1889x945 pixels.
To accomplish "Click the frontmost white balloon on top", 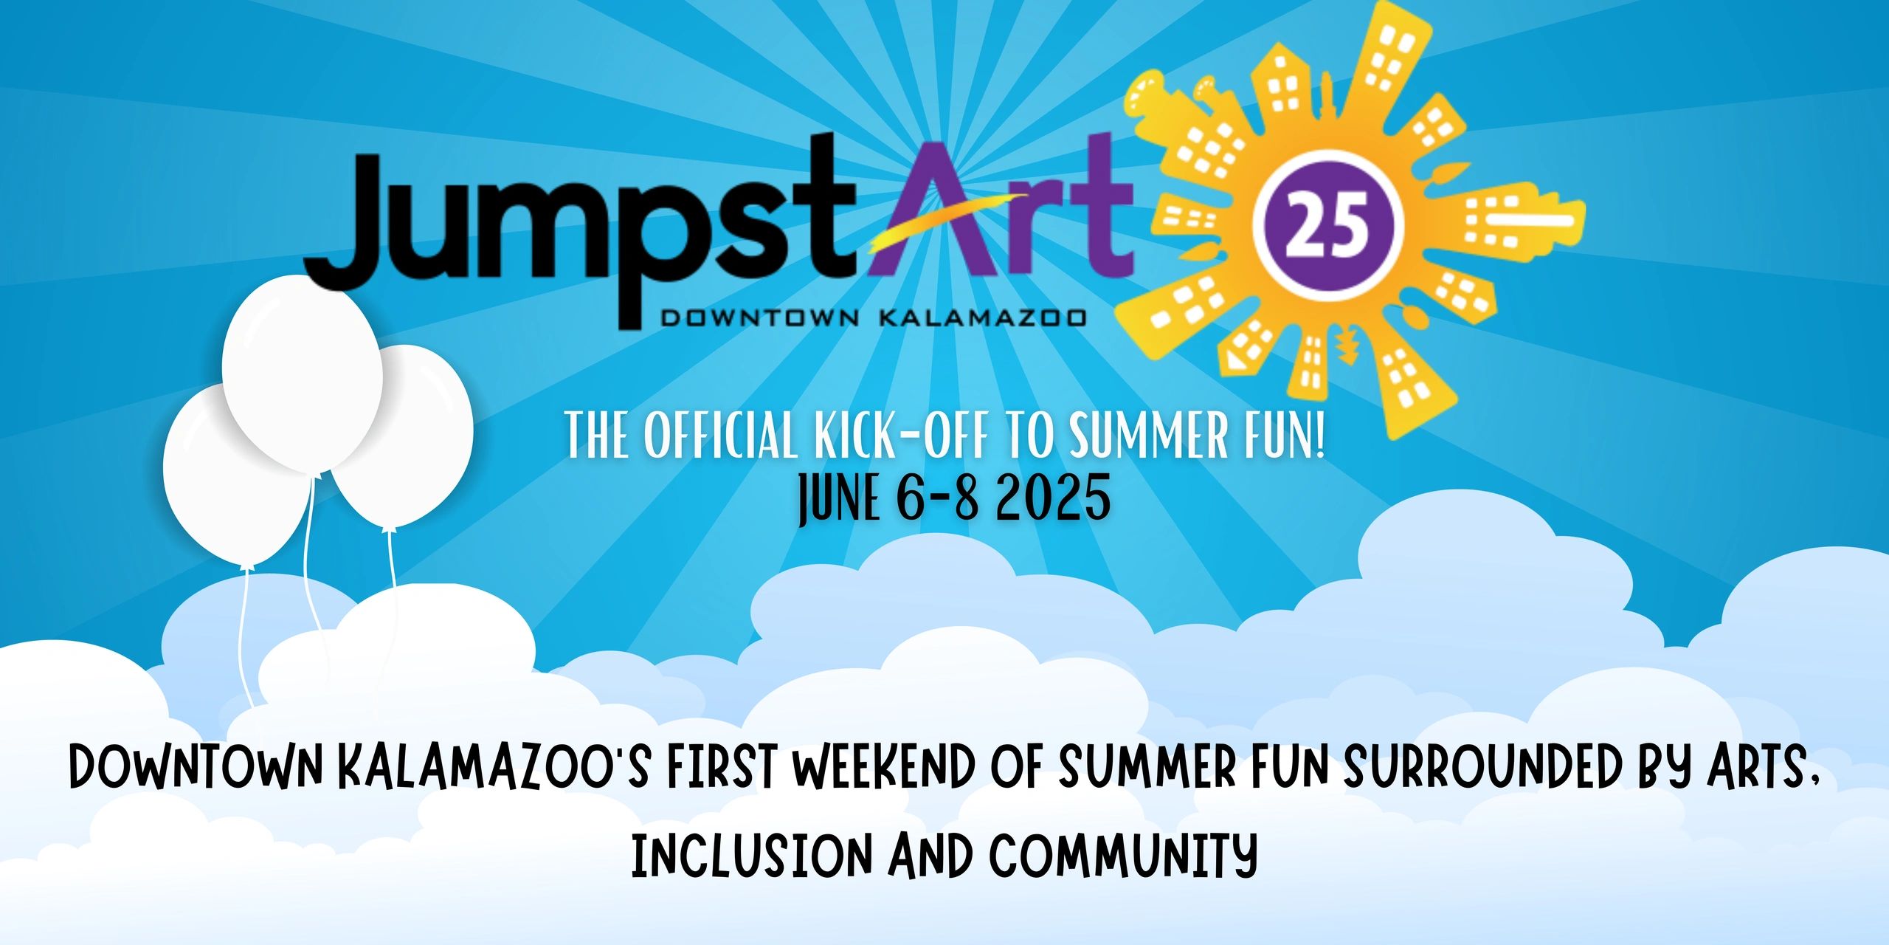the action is point(303,374).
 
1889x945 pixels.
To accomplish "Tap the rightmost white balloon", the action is point(402,437).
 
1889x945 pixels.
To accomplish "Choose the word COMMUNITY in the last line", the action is point(1123,855).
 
